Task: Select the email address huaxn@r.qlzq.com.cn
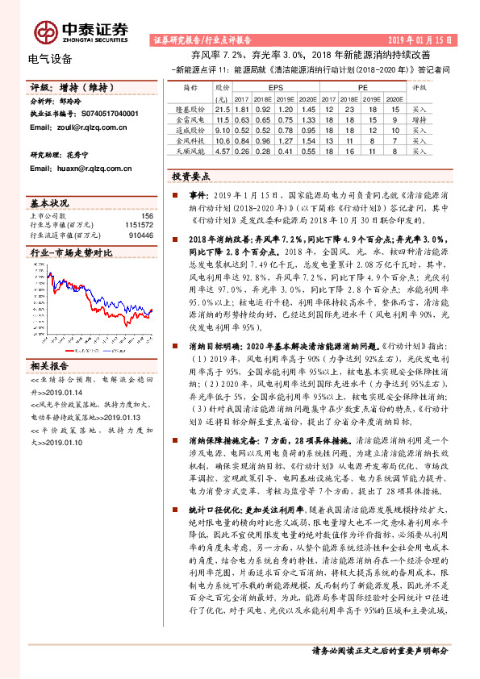coord(91,169)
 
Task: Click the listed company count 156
coord(147,216)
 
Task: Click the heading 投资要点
coord(192,176)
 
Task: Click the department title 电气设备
coord(50,59)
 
